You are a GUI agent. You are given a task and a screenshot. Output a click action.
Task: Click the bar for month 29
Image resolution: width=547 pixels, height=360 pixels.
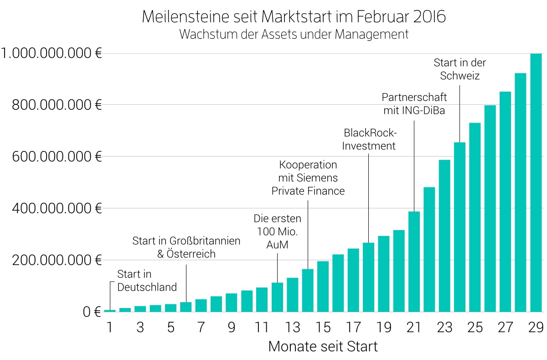[x=536, y=182]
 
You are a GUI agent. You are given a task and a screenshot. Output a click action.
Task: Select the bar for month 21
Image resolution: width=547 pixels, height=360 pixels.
[x=414, y=262]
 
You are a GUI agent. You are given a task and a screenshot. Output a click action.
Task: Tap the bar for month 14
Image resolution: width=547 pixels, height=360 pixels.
[x=308, y=290]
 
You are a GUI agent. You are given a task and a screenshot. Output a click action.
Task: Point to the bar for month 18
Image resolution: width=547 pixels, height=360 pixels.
[x=368, y=277]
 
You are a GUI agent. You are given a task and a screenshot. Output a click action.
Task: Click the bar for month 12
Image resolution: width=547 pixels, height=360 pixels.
[x=277, y=297]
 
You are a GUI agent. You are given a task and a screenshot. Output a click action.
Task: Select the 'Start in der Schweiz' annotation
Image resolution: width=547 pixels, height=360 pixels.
[x=459, y=69]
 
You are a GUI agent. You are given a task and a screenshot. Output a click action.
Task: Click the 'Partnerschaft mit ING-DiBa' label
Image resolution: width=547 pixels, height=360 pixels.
[x=414, y=104]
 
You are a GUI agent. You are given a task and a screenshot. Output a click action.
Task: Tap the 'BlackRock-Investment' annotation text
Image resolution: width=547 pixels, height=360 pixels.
[x=369, y=139]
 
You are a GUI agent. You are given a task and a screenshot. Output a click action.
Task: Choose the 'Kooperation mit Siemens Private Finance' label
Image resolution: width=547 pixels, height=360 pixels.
[x=308, y=178]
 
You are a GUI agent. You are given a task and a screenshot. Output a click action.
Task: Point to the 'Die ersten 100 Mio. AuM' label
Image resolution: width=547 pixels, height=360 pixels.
[x=277, y=232]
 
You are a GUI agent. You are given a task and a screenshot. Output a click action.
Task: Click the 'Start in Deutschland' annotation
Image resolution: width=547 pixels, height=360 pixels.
[x=147, y=281]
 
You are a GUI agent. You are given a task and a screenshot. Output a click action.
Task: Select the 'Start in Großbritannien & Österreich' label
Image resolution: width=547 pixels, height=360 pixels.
[x=186, y=247]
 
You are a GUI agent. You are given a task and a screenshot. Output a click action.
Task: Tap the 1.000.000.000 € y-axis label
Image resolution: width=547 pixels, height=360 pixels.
[x=51, y=54]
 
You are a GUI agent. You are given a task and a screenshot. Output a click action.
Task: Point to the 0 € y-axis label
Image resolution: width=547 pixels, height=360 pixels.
[x=91, y=312]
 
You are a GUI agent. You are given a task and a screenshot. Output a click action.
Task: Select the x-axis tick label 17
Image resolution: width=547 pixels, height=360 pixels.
[x=353, y=328]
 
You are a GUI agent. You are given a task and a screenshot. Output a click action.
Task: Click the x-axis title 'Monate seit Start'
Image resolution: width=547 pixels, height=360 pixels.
[x=323, y=346]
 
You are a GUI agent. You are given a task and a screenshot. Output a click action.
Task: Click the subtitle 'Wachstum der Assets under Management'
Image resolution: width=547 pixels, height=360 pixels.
[x=294, y=35]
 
